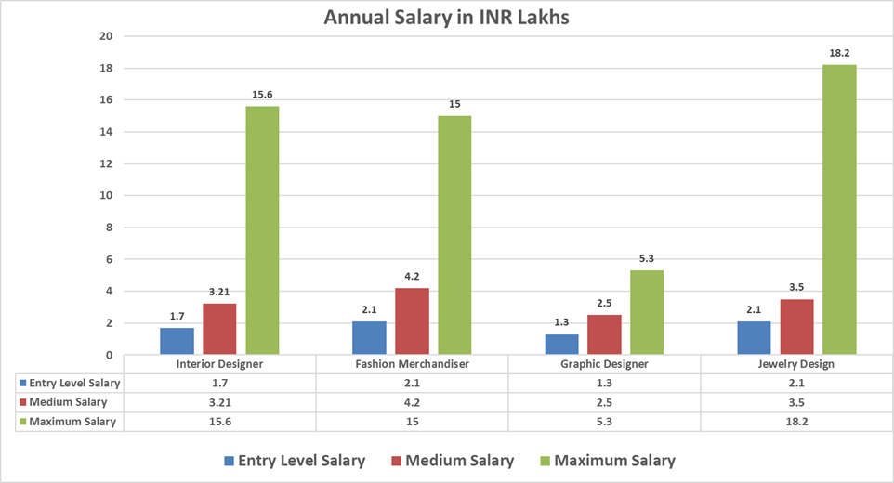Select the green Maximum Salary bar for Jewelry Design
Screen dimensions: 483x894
click(839, 210)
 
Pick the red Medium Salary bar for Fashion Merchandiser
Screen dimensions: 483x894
click(412, 321)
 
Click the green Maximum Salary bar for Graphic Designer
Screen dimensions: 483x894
click(647, 312)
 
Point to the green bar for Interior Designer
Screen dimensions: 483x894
click(262, 230)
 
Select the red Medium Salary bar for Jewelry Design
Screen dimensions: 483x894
click(796, 327)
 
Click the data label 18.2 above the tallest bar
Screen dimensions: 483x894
click(839, 54)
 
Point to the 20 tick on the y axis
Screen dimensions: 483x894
click(105, 36)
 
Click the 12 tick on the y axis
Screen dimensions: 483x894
click(105, 163)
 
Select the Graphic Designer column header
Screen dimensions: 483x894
click(604, 364)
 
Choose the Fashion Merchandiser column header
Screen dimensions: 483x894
click(412, 364)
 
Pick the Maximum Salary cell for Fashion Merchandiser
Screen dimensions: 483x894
click(412, 422)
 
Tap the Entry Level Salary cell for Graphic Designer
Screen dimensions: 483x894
click(604, 383)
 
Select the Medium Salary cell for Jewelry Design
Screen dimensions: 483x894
click(796, 402)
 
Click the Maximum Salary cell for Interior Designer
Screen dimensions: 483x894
click(219, 422)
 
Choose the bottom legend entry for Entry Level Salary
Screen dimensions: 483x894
click(294, 461)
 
